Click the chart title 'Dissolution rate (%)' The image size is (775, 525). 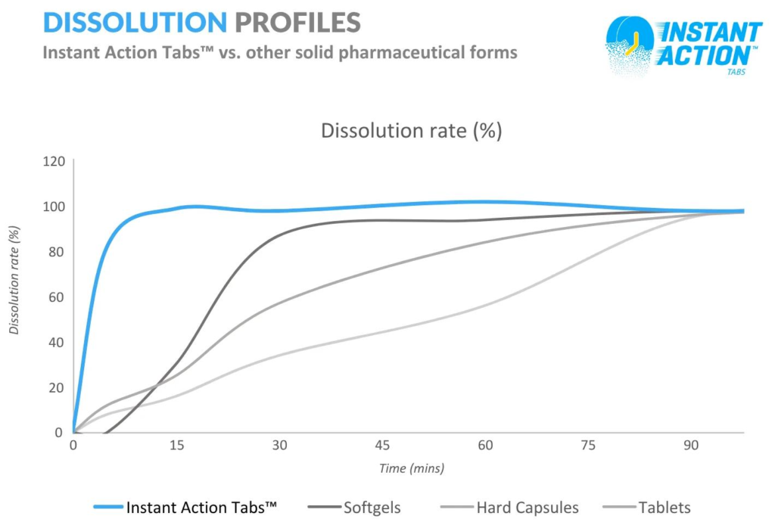tap(412, 130)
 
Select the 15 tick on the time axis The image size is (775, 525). tap(176, 446)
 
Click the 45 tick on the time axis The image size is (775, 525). tap(382, 446)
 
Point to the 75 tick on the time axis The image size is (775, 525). tap(588, 446)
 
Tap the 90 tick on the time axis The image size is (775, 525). tap(691, 446)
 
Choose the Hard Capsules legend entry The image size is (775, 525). tap(528, 508)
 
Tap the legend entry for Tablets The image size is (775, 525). tap(664, 508)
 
